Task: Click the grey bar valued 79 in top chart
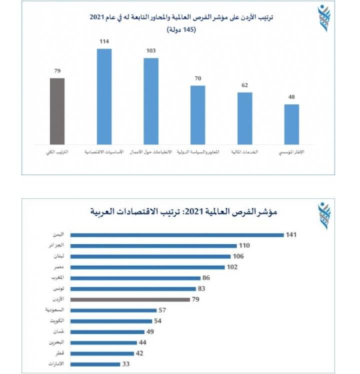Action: (x=57, y=111)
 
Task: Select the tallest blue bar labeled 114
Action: (x=104, y=96)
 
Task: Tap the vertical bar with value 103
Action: (x=151, y=101)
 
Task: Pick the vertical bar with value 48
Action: (x=291, y=124)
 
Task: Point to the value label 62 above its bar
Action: (x=244, y=85)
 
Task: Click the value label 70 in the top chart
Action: (x=198, y=78)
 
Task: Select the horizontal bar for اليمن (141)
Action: (x=176, y=235)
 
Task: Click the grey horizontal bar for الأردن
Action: (x=130, y=300)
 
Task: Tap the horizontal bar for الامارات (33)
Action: (x=95, y=364)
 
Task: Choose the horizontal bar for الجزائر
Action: (x=153, y=246)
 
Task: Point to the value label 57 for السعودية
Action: (x=162, y=310)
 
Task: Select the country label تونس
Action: (x=59, y=289)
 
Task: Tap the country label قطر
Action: (x=60, y=353)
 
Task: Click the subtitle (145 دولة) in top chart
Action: (x=182, y=29)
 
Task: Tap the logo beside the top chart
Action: (x=324, y=18)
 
